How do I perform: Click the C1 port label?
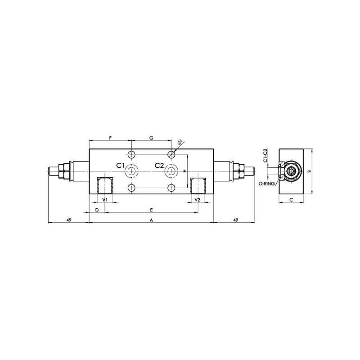(120, 165)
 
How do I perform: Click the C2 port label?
(159, 165)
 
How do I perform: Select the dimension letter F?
(110, 138)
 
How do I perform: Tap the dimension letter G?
(151, 138)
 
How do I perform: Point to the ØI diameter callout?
(180, 142)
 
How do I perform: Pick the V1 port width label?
(105, 200)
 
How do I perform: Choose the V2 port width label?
(198, 200)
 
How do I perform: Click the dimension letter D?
(97, 210)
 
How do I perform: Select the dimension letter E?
(151, 210)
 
